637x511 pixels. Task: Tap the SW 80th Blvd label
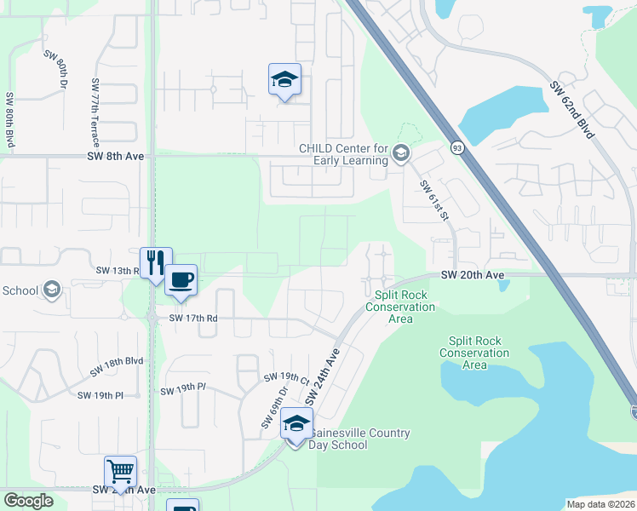tap(10, 121)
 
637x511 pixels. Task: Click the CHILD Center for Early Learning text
tap(343, 153)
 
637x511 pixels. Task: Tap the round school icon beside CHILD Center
tap(401, 154)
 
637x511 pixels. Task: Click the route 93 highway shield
tap(457, 148)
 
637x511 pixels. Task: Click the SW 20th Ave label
tap(473, 274)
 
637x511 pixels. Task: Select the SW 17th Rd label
tap(193, 318)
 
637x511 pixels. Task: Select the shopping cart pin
tap(120, 471)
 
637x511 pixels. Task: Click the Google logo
tap(29, 501)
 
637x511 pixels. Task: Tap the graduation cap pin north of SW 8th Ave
tap(284, 79)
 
